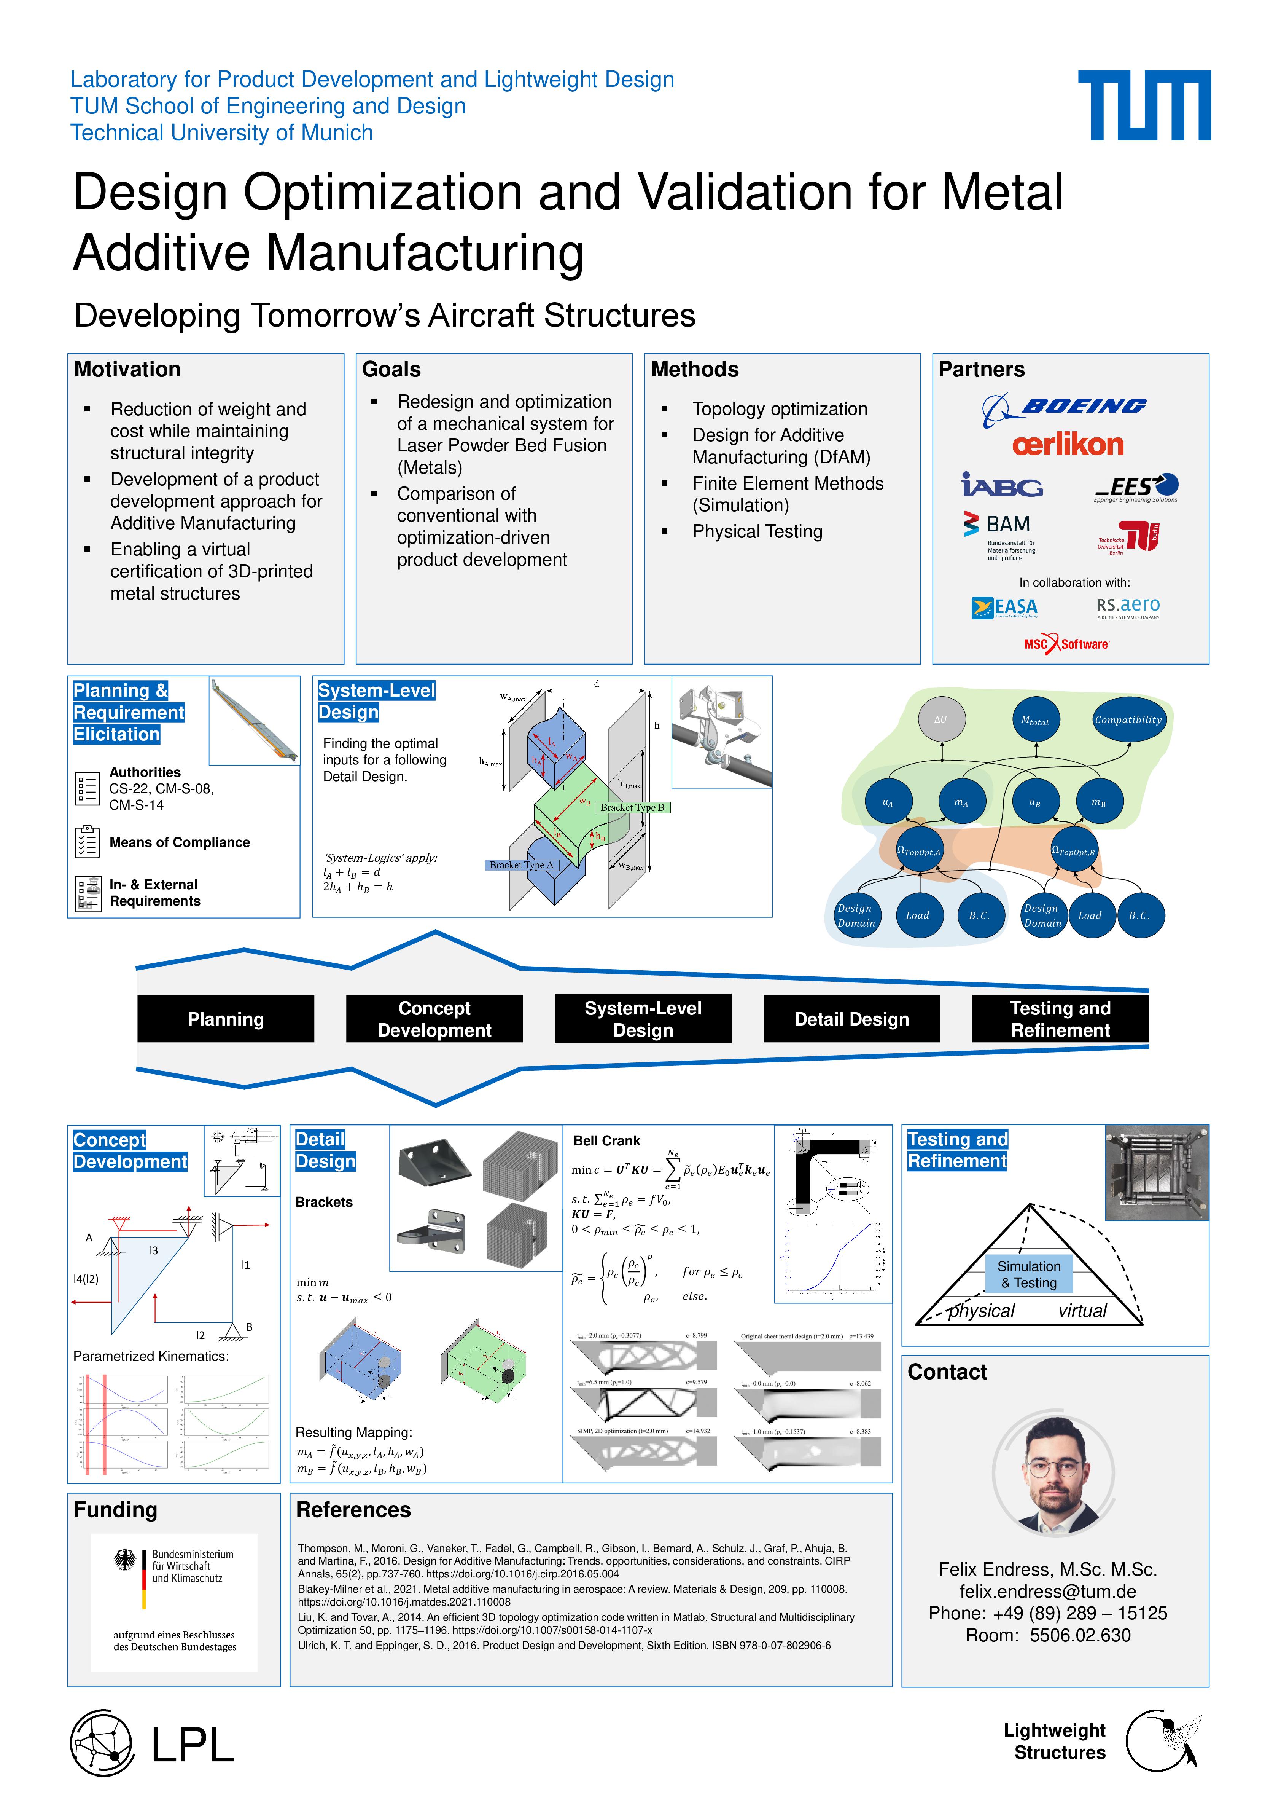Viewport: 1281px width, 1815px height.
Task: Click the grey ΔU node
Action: pos(940,719)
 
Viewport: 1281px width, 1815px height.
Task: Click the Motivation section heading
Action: pos(127,369)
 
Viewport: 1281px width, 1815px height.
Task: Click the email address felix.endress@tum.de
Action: pos(1048,1591)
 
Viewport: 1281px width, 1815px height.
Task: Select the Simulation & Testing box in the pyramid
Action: pos(1029,1274)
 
